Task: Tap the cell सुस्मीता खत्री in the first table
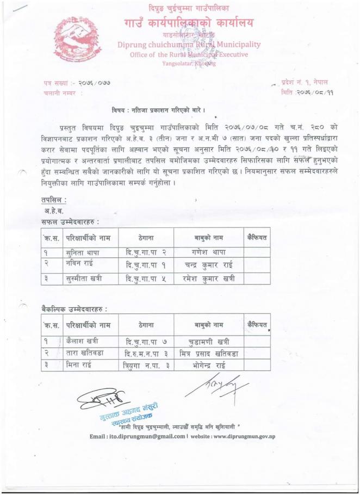tap(86, 280)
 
